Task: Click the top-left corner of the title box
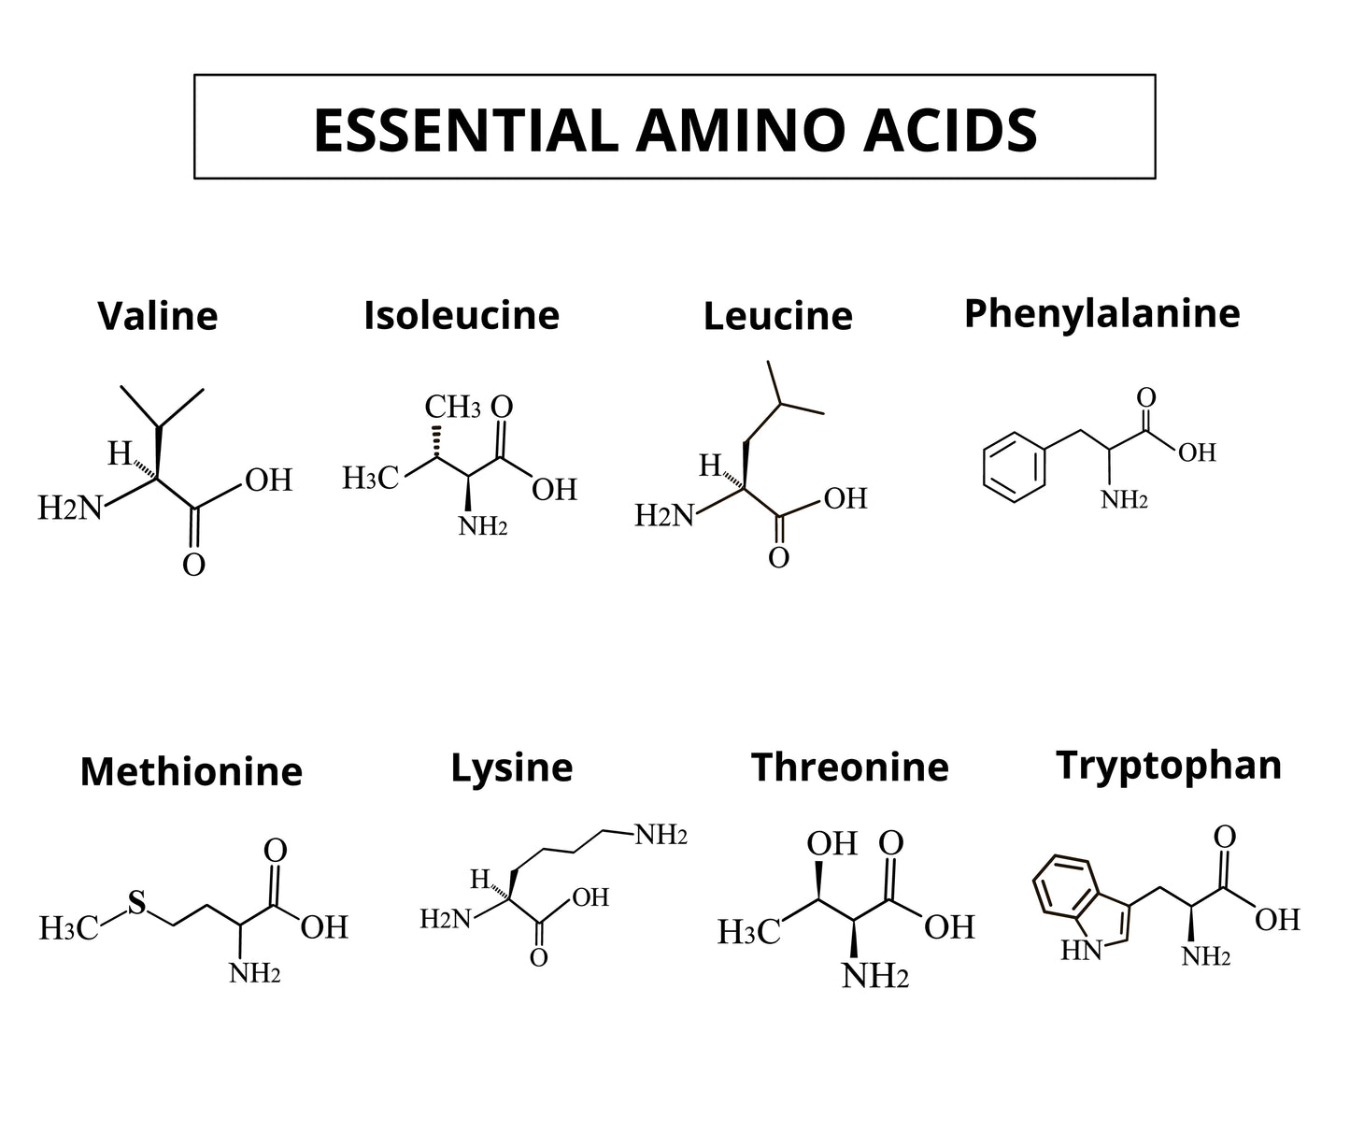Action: click(x=194, y=75)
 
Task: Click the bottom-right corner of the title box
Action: click(x=1155, y=178)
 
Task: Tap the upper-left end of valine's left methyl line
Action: click(x=121, y=386)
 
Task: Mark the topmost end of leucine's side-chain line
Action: click(x=767, y=361)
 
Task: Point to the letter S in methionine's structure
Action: click(x=136, y=903)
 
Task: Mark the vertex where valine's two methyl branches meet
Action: click(x=160, y=426)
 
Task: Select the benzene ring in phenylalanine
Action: click(x=1014, y=467)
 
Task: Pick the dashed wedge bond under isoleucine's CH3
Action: click(x=437, y=441)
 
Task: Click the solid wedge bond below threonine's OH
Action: click(x=818, y=881)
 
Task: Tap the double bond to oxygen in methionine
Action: click(x=274, y=885)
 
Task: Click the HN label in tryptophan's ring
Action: click(x=1081, y=950)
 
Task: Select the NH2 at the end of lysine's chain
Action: click(x=661, y=835)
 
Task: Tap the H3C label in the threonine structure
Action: click(x=748, y=932)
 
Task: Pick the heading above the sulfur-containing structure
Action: click(x=192, y=770)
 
